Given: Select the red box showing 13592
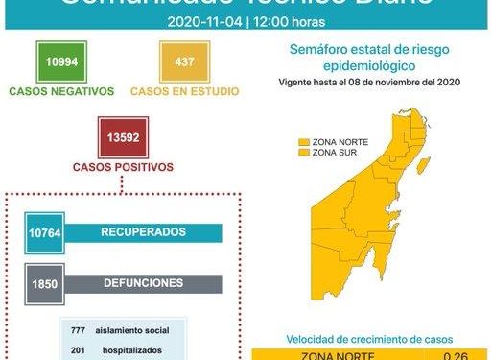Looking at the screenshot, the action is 120,136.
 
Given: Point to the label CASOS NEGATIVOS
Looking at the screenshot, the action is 60,91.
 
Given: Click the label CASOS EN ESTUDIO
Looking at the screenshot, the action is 177,91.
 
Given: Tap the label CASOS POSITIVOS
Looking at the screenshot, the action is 120,166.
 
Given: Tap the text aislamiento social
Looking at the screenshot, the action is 132,331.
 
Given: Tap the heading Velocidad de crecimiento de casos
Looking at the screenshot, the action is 369,339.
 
